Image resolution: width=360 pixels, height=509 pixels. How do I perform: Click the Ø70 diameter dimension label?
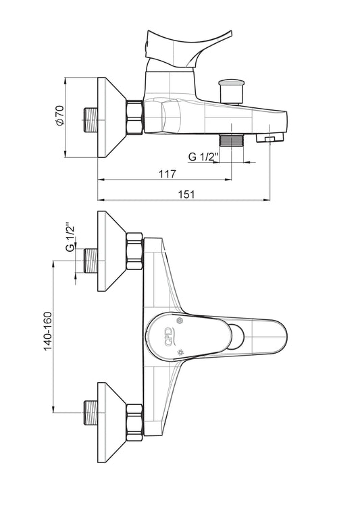pos(60,115)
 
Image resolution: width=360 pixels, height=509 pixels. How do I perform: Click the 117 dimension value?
pos(168,173)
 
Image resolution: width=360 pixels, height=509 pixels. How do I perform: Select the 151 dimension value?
pos(186,194)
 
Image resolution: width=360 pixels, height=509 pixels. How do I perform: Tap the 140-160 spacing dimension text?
pos(48,331)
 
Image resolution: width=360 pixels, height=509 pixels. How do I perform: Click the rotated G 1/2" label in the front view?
pos(70,237)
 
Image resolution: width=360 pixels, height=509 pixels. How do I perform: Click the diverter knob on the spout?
pos(231,91)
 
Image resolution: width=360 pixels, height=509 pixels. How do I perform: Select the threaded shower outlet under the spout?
pos(232,140)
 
